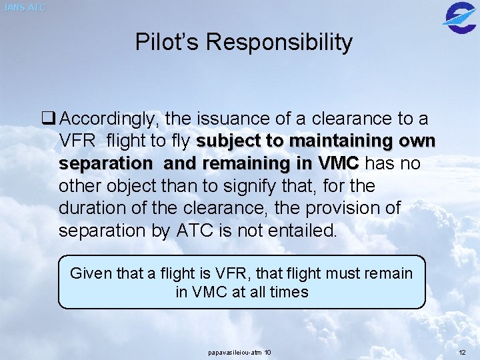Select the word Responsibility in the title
[x=279, y=43]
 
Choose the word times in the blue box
[x=286, y=292]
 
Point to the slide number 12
[x=463, y=352]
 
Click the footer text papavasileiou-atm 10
[x=239, y=352]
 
